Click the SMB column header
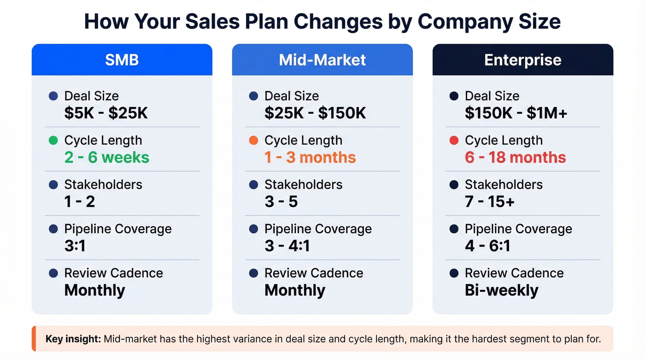122,60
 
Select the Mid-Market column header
322,60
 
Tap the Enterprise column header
522,60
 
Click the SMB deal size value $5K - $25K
106,113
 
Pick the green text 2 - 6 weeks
107,157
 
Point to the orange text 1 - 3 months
310,157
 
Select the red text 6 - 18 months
515,157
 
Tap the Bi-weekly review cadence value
501,290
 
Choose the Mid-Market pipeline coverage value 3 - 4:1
287,246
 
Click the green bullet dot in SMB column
53,141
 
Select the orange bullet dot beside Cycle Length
253,141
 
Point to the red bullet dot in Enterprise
454,141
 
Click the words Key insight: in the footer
73,339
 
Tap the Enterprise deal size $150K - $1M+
516,113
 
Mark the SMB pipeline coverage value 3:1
75,246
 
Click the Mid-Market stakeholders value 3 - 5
281,201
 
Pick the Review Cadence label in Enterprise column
514,273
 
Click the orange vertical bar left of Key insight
34,339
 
